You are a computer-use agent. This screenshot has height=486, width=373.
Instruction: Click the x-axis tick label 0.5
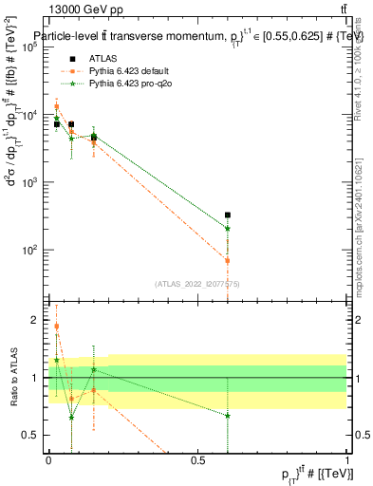(x=197, y=460)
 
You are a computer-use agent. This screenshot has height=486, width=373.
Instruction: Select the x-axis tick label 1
(x=347, y=460)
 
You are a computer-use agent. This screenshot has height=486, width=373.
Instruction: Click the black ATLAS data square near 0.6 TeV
(x=228, y=215)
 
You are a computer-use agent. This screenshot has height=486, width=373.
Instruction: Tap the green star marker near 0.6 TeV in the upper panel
(x=228, y=228)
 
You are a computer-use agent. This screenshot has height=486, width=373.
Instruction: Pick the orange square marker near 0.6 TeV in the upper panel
(x=228, y=260)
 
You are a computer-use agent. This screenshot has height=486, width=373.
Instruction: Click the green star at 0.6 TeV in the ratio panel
(x=228, y=416)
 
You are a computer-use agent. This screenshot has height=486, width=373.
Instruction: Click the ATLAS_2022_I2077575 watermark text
(x=197, y=284)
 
